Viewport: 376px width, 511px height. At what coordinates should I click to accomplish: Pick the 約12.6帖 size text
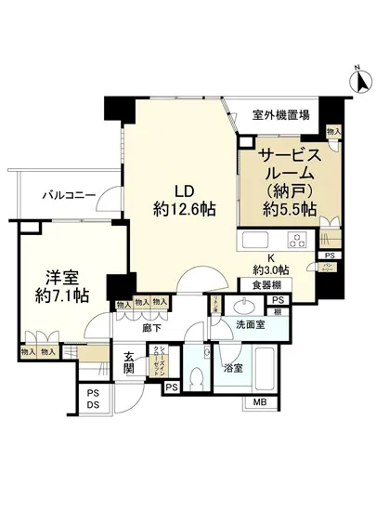184,210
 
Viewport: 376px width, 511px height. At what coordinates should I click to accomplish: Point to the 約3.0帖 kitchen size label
271,269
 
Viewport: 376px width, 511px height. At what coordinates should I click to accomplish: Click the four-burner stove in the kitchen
297,242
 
